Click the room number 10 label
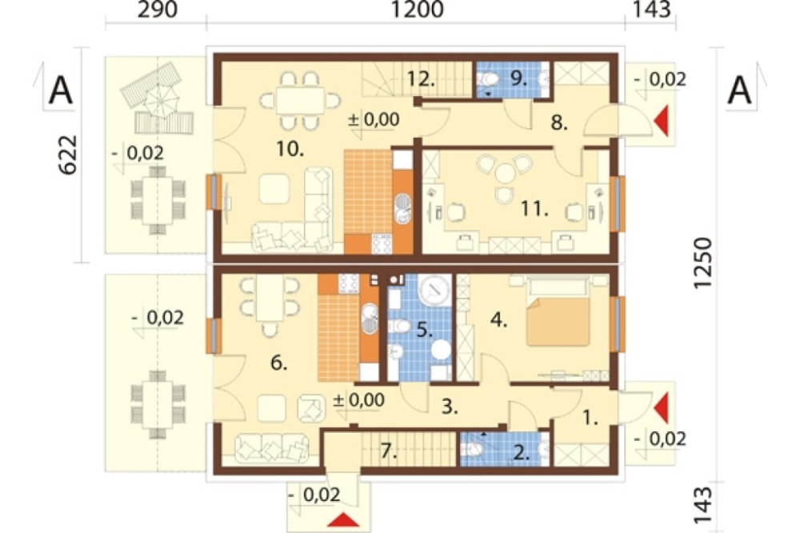pyautogui.click(x=290, y=149)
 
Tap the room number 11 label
pyautogui.click(x=534, y=208)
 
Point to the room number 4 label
pyautogui.click(x=498, y=320)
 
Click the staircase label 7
pyautogui.click(x=390, y=451)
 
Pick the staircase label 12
pyautogui.click(x=421, y=78)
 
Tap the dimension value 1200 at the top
pyautogui.click(x=418, y=10)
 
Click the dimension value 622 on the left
pyautogui.click(x=68, y=154)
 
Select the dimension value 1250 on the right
pyautogui.click(x=702, y=263)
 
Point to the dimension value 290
pyautogui.click(x=158, y=10)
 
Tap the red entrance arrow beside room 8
pyautogui.click(x=661, y=122)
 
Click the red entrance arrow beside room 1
pyautogui.click(x=661, y=408)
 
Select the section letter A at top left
pyautogui.click(x=60, y=91)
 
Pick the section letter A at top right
pyautogui.click(x=739, y=91)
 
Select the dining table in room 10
pyautogui.click(x=301, y=101)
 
